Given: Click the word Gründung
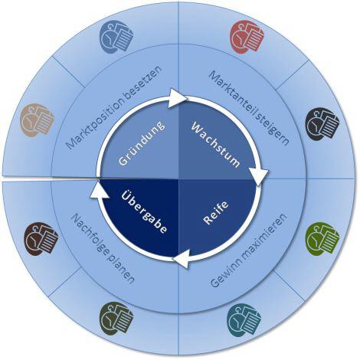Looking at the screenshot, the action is coord(142,143).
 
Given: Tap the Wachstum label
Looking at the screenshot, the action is coord(216,145).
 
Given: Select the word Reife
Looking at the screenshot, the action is coord(216,213).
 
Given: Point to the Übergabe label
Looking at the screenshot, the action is coord(144,212).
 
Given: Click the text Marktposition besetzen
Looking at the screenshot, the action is coord(114,107).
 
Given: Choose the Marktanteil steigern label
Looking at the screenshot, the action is coord(249,108).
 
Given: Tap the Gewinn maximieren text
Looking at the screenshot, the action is coord(249,250).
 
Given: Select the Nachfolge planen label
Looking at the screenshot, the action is coord(103,249).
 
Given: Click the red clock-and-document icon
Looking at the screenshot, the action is coord(247,37).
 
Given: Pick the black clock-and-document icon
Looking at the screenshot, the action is coord(322,124).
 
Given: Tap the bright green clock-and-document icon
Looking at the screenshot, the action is coord(322,239).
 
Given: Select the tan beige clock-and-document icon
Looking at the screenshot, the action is coord(37,120).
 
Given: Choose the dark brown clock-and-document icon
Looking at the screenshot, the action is coord(41,239).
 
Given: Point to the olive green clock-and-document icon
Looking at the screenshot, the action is coord(116,319).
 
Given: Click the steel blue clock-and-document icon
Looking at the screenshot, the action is coord(116,37).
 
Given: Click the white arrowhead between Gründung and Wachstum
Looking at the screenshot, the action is coord(177,98).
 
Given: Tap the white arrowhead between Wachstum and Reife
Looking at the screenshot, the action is coord(259,176).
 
